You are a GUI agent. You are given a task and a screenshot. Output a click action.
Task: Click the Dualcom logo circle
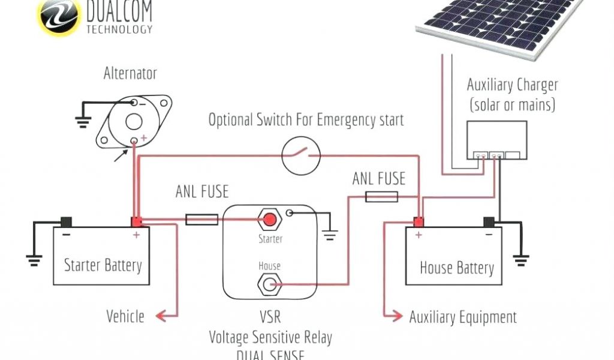click(58, 16)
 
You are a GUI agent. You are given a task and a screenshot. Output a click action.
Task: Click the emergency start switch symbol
click(301, 155)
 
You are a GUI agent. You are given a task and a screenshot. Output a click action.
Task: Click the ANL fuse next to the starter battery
click(201, 220)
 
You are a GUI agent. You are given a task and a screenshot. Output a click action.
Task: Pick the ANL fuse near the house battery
click(381, 196)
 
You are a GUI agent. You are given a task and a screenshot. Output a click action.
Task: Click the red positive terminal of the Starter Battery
click(137, 221)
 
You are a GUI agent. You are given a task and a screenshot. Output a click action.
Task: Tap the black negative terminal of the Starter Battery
click(65, 222)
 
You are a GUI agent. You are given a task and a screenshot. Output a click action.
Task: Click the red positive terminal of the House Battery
click(417, 222)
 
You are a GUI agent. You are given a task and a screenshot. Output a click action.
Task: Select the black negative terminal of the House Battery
click(489, 222)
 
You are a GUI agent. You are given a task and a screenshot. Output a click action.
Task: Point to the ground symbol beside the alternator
click(83, 121)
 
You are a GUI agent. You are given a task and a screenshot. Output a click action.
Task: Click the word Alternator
click(130, 74)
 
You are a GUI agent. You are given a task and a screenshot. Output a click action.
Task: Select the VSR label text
click(270, 316)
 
